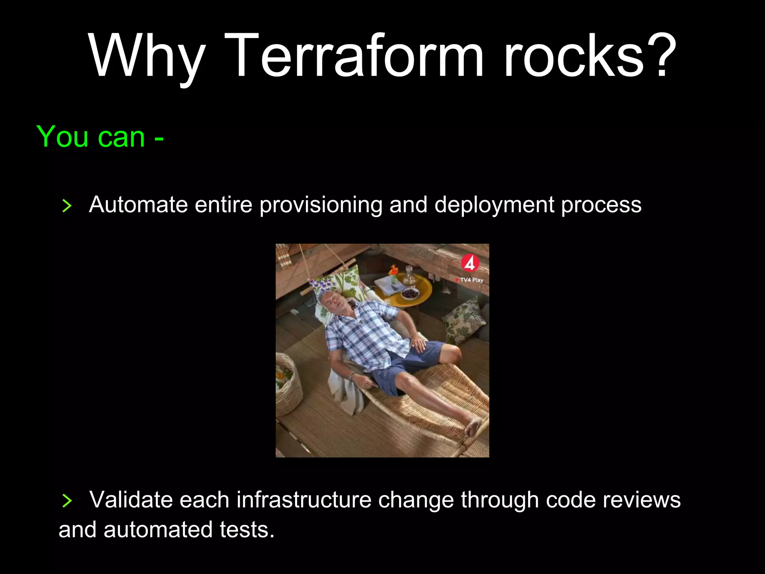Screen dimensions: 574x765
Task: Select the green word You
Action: (x=62, y=137)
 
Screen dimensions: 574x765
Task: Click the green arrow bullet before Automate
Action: (x=67, y=206)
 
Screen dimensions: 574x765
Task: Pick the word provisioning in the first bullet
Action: (x=321, y=205)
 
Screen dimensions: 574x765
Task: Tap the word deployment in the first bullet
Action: (x=494, y=205)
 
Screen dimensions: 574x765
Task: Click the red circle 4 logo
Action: (x=470, y=263)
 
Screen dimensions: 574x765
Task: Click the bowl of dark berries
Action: (x=410, y=293)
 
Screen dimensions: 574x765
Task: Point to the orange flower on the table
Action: (x=393, y=270)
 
